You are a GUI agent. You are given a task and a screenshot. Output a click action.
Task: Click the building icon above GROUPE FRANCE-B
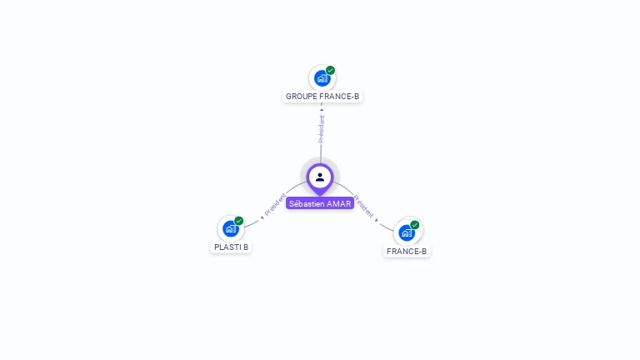click(321, 79)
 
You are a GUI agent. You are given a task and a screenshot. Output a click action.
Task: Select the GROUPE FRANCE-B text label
click(322, 97)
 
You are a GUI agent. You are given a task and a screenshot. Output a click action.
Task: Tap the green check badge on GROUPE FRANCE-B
click(331, 71)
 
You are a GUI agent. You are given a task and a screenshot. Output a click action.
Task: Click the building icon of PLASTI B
click(230, 229)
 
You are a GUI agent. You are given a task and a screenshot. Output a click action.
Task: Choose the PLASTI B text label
click(231, 247)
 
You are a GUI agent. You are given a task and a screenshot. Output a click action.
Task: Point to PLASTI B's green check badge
click(239, 221)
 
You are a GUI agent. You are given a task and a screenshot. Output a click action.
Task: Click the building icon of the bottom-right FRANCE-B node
click(406, 232)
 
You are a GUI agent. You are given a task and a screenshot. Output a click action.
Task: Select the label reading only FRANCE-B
click(407, 252)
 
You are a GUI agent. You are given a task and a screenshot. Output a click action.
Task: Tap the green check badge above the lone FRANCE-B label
click(415, 225)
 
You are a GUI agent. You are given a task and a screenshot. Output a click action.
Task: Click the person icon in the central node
click(320, 177)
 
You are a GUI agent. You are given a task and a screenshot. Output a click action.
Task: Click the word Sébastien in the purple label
click(307, 203)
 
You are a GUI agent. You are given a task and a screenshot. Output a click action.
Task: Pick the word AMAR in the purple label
click(339, 203)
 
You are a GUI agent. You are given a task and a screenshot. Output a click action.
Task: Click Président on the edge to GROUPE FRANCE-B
click(322, 128)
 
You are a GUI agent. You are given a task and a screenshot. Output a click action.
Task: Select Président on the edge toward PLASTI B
click(276, 204)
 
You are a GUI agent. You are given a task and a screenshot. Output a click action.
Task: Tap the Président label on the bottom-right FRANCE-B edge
click(364, 206)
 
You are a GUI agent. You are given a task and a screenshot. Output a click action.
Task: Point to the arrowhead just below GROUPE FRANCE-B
click(322, 108)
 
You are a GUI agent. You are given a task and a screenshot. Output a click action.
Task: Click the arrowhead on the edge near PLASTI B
click(262, 216)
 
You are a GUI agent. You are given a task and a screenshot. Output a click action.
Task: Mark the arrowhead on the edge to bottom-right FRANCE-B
click(377, 219)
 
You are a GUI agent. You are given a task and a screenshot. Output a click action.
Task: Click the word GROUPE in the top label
click(300, 97)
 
